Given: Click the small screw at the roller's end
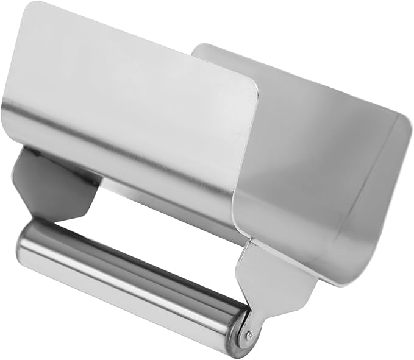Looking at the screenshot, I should [x=248, y=333].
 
